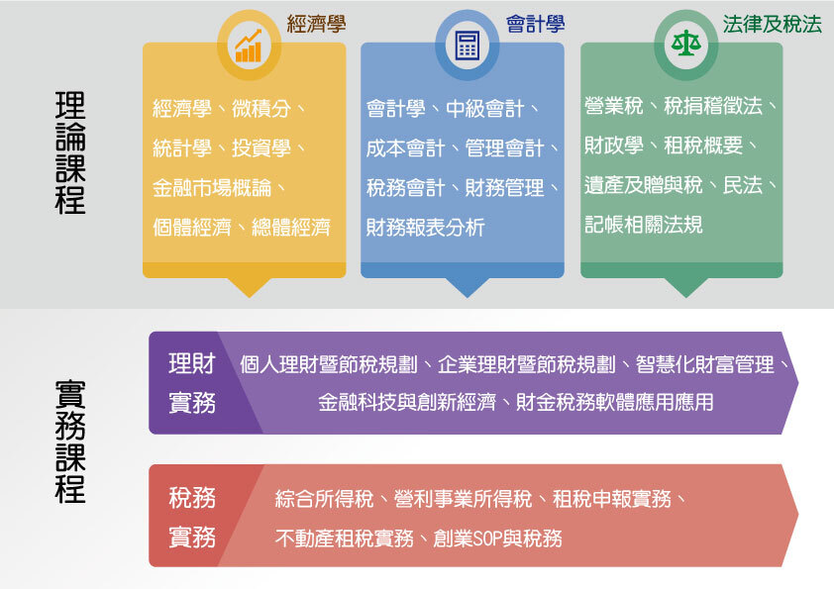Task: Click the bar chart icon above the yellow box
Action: pos(248,45)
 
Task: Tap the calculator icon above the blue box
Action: pos(467,45)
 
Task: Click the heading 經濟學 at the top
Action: pos(316,24)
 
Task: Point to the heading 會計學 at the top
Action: pos(536,24)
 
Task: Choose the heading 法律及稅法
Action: pos(773,24)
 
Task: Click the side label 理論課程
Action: pos(70,152)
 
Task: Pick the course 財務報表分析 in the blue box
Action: pos(425,227)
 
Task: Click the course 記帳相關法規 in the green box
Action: pos(643,225)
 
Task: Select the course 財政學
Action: pos(613,146)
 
